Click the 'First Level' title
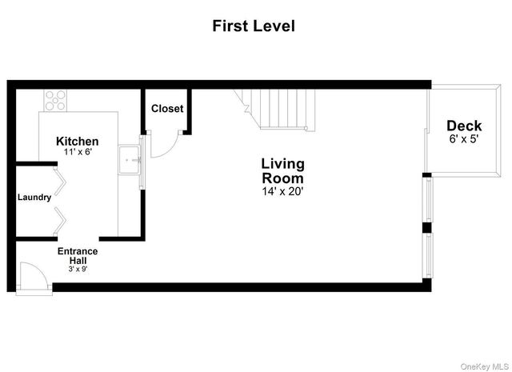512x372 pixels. (x=254, y=26)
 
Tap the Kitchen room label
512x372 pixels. (x=78, y=141)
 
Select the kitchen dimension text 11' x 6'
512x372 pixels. (x=78, y=151)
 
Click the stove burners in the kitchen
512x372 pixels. (x=55, y=101)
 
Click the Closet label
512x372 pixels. (x=167, y=109)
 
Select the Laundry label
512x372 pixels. (x=34, y=198)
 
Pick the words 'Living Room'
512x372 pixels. (x=282, y=170)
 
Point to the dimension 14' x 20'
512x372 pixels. (x=282, y=192)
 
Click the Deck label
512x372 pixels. (x=464, y=126)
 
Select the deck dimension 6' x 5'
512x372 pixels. (x=464, y=138)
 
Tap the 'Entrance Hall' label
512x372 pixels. (x=78, y=256)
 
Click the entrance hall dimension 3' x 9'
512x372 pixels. (x=78, y=270)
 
